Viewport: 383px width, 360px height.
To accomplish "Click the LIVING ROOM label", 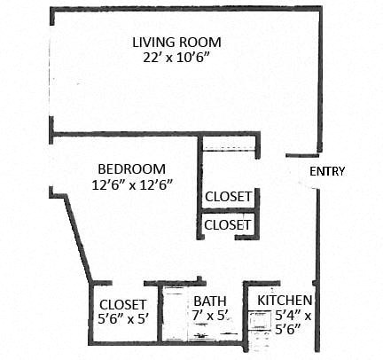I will point(176,42).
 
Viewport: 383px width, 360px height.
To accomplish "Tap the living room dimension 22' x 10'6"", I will point(176,58).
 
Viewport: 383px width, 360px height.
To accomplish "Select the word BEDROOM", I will point(131,168).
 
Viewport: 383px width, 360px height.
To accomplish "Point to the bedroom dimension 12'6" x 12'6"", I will point(131,184).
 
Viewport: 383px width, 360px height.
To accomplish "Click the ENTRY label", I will point(326,172).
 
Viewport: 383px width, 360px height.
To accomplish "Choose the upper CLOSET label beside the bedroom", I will point(229,196).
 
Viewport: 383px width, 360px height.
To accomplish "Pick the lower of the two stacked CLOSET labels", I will point(229,225).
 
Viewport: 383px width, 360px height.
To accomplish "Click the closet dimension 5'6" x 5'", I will point(122,320).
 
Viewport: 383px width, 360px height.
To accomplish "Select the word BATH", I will point(210,301).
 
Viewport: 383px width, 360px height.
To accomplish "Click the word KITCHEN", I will point(285,301).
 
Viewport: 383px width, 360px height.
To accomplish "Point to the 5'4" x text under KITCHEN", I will point(285,315).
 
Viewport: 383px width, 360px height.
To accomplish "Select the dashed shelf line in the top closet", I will point(228,151).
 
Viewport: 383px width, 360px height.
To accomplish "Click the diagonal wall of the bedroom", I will point(78,239).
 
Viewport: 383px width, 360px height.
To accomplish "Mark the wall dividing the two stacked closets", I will point(229,211).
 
